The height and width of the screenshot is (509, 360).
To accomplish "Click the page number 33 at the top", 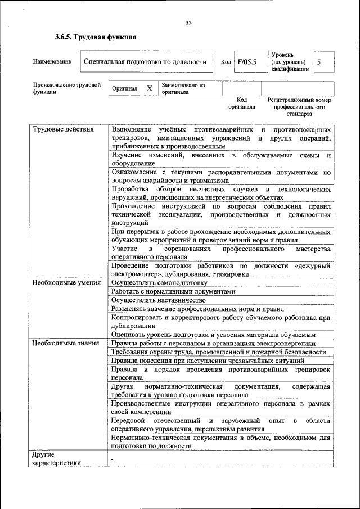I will [188, 23].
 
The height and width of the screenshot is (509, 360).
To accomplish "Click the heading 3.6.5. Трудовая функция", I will [96, 38].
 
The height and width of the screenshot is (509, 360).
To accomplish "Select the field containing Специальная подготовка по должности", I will [147, 62].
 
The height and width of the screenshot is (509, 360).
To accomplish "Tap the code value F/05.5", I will [246, 62].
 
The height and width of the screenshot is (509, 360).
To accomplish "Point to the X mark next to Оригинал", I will [149, 89].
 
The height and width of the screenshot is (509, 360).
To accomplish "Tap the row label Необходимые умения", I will [66, 282].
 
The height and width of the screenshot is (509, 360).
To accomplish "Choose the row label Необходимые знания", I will [65, 343].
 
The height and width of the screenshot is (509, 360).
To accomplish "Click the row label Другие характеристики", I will [56, 458].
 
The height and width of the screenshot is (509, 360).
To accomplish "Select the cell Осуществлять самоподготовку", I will [159, 282].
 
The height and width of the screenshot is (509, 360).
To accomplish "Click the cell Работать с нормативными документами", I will [171, 291].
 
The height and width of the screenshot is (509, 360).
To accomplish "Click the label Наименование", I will [52, 62].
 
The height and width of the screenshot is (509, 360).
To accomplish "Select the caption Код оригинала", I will [241, 103].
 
